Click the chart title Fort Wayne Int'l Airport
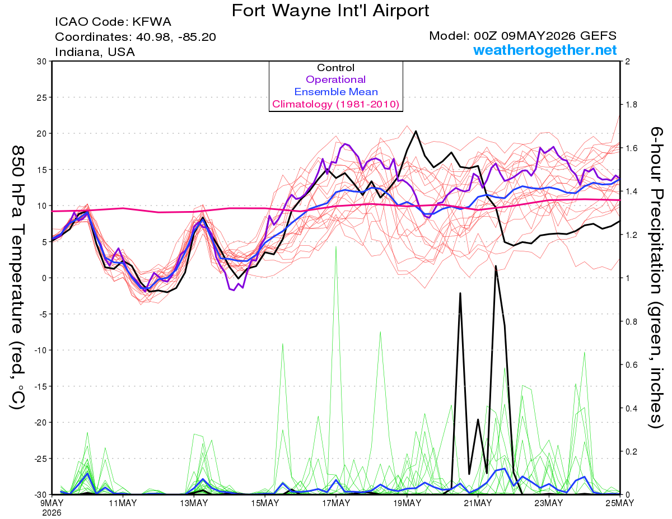point(330,11)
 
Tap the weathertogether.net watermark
point(545,50)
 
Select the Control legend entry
point(335,68)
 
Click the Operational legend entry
point(335,80)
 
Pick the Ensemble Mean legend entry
point(336,92)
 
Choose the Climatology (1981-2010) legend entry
point(336,104)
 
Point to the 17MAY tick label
point(336,503)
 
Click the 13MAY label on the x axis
point(194,503)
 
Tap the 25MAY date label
point(620,503)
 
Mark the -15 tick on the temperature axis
point(40,386)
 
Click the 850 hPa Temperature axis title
point(17,278)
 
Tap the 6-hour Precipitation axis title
point(656,278)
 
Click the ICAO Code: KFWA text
point(113,22)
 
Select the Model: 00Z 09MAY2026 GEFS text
point(522,36)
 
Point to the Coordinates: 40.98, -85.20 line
point(136,37)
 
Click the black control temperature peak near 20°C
point(416,131)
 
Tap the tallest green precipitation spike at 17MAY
point(336,247)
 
